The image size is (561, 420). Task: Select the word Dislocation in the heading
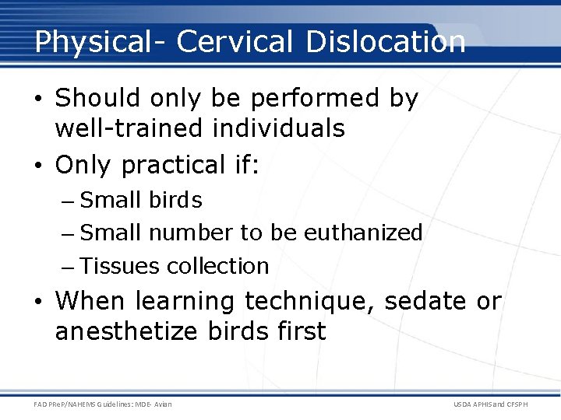(x=386, y=42)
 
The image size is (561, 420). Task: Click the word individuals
(x=278, y=128)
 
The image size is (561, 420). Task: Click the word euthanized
(x=363, y=232)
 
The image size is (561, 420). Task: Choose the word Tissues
(x=121, y=266)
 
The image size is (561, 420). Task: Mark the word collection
(x=218, y=266)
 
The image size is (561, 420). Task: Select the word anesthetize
(x=128, y=331)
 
